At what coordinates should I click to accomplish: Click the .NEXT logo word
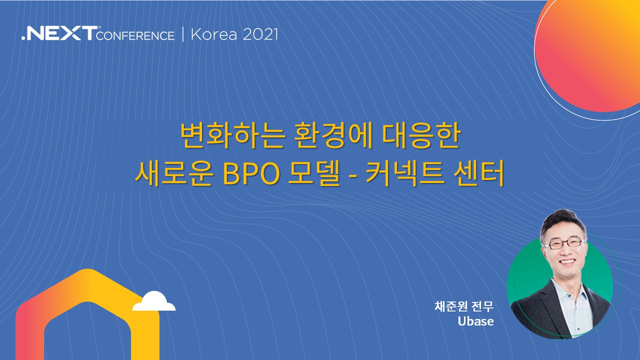tap(59, 33)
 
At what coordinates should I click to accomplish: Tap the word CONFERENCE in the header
tap(135, 36)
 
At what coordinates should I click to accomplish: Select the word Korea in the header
tap(214, 34)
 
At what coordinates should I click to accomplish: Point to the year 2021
tap(260, 34)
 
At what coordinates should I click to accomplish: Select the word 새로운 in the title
tap(174, 173)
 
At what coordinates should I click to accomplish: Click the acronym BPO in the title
tap(251, 173)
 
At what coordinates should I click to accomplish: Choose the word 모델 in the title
tap(314, 173)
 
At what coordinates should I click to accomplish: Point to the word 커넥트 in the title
tap(405, 173)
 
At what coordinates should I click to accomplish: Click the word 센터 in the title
tap(479, 173)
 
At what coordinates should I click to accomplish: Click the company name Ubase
tap(475, 321)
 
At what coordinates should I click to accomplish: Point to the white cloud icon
tap(154, 301)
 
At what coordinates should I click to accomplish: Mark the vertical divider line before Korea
tap(183, 35)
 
